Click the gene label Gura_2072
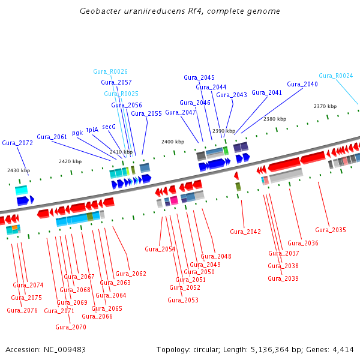click(x=17, y=143)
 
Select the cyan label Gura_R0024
click(x=336, y=76)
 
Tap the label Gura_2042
click(x=245, y=232)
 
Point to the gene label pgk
click(x=77, y=133)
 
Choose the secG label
click(x=109, y=127)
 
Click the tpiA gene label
click(x=92, y=130)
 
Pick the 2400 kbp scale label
click(x=173, y=142)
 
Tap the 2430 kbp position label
click(x=18, y=170)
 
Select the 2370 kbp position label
click(x=325, y=106)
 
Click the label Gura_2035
click(x=331, y=230)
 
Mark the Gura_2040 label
click(x=302, y=84)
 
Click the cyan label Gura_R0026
click(x=110, y=71)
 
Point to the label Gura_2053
click(x=183, y=300)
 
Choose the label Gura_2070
click(x=71, y=327)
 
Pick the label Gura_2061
click(x=52, y=137)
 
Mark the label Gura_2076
click(x=22, y=310)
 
